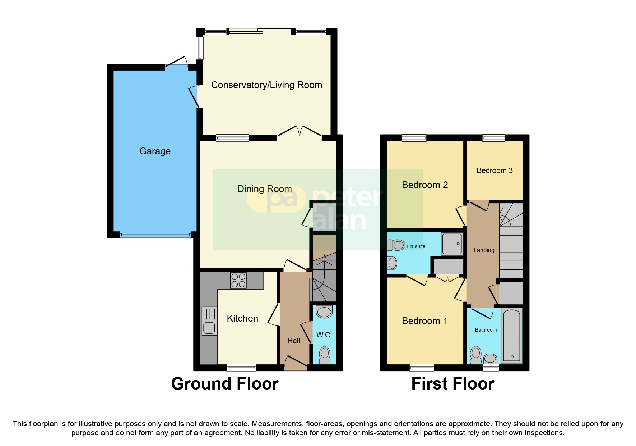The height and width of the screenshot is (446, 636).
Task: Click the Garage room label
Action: click(155, 151)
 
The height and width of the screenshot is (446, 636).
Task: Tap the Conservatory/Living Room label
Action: click(266, 85)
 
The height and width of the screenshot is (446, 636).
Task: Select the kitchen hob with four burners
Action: click(238, 281)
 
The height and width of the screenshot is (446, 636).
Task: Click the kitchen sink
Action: click(209, 321)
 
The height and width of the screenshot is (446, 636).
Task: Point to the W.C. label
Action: click(324, 335)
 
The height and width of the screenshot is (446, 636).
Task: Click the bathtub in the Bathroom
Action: click(511, 335)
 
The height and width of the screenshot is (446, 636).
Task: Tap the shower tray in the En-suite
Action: click(452, 244)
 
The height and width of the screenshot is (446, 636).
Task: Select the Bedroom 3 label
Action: click(495, 170)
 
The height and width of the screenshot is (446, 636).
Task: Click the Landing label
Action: click(484, 250)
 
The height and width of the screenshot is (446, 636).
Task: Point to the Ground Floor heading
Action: click(225, 384)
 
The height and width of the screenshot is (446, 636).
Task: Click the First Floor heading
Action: click(452, 384)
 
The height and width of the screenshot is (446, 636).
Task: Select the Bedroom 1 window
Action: click(422, 368)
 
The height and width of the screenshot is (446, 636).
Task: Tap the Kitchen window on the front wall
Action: click(241, 368)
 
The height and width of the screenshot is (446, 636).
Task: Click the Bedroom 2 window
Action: click(414, 138)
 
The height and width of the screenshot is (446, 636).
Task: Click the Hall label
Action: click(293, 341)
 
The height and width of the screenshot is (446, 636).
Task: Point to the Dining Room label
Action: click(264, 189)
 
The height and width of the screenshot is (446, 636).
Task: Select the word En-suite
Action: click(416, 246)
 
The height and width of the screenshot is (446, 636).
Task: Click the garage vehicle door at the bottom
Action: click(155, 235)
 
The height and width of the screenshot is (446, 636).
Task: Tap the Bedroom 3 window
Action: click(493, 138)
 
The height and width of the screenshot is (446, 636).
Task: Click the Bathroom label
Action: click(486, 330)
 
